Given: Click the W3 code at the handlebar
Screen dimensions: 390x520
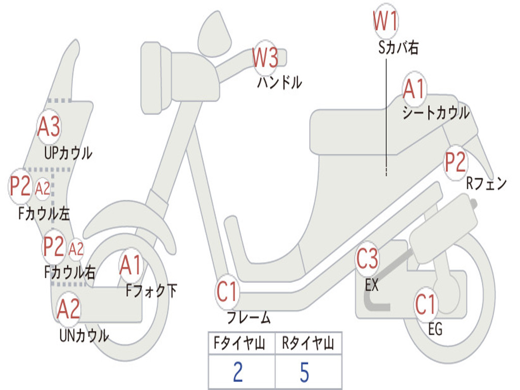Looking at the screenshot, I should tap(266, 58).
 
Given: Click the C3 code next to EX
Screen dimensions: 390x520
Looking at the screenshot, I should tap(367, 259).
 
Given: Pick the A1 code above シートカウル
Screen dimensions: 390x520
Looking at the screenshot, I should tap(414, 90).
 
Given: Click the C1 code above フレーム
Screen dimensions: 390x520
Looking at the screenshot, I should tap(227, 292).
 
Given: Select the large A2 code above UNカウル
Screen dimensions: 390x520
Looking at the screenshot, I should tap(69, 309).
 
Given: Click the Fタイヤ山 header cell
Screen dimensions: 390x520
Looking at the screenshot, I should tap(241, 344).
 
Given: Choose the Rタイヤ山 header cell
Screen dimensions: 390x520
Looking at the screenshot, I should tap(308, 344).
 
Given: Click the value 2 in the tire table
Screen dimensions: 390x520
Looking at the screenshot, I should tap(237, 372).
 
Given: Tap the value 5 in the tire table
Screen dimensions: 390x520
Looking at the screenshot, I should tap(304, 372).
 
